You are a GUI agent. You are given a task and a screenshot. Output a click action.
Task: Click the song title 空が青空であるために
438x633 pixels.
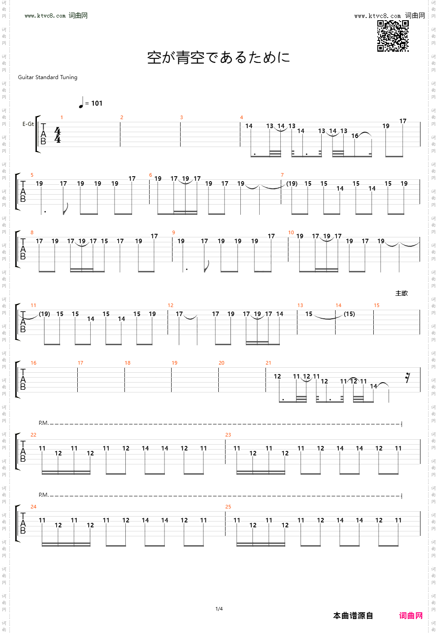pos(219,58)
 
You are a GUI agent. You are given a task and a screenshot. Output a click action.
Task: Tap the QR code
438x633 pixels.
pos(393,36)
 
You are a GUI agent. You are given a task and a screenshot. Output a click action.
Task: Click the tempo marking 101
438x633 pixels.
pos(97,103)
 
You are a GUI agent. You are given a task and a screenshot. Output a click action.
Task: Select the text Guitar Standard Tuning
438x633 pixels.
pos(48,77)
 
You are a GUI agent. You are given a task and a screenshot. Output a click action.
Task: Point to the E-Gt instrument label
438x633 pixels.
pos(28,124)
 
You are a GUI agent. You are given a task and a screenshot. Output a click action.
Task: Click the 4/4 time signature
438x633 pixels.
pos(58,135)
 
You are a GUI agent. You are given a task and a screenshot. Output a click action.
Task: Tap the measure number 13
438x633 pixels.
pos(300,305)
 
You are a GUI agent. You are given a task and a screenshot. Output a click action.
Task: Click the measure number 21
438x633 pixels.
pos(268,363)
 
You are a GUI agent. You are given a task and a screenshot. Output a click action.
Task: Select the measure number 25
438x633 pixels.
pos(228,507)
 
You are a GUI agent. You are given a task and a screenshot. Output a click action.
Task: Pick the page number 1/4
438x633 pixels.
pos(219,609)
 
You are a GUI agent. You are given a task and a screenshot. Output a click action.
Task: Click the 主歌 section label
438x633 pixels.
pos(402,293)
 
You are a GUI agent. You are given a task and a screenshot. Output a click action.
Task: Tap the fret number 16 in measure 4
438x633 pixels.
pos(355,136)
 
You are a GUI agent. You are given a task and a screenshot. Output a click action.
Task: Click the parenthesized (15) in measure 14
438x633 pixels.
pos(349,314)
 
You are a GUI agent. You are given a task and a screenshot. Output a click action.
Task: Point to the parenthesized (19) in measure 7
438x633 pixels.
pos(292,183)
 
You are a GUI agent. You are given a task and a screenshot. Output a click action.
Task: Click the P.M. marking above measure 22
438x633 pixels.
pos(43,423)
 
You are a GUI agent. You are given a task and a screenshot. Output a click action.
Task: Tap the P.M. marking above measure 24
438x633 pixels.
pos(43,495)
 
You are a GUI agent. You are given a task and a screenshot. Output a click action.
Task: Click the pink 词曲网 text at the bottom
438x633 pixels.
pos(411,615)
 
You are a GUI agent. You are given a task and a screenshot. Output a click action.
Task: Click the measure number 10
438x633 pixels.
pos(291,232)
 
